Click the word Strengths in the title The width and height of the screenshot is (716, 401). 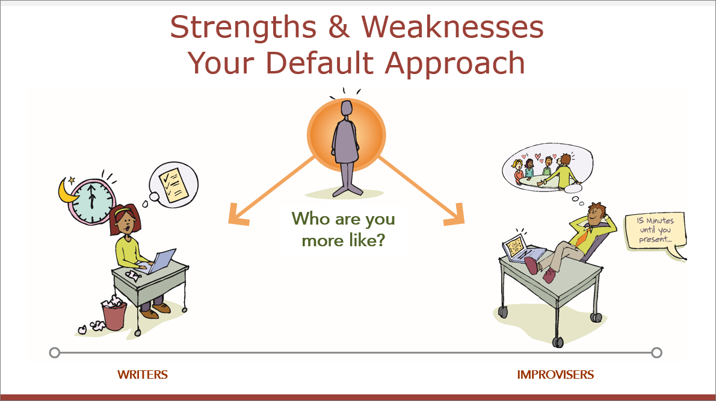(x=243, y=28)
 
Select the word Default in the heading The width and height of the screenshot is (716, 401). (x=319, y=63)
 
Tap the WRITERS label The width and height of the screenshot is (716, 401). (x=143, y=375)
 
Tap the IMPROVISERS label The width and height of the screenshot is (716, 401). (x=555, y=375)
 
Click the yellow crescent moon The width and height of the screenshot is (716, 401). (x=67, y=191)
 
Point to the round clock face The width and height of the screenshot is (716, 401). (x=92, y=202)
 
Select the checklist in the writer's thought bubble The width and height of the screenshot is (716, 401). (x=173, y=184)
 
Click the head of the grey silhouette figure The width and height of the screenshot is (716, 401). (x=347, y=108)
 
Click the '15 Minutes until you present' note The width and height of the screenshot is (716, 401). (x=655, y=231)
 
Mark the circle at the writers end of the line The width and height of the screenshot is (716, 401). (x=54, y=353)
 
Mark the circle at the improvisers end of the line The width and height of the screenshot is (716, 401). (x=656, y=353)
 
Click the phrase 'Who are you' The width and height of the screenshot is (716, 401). (x=344, y=219)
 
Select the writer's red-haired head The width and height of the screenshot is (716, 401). (x=125, y=219)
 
